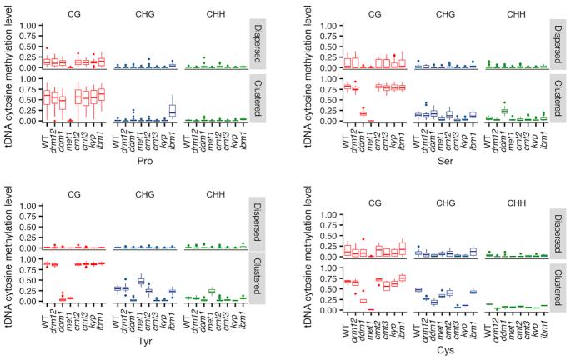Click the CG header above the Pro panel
pos(73,12)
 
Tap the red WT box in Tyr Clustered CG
pos(48,264)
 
